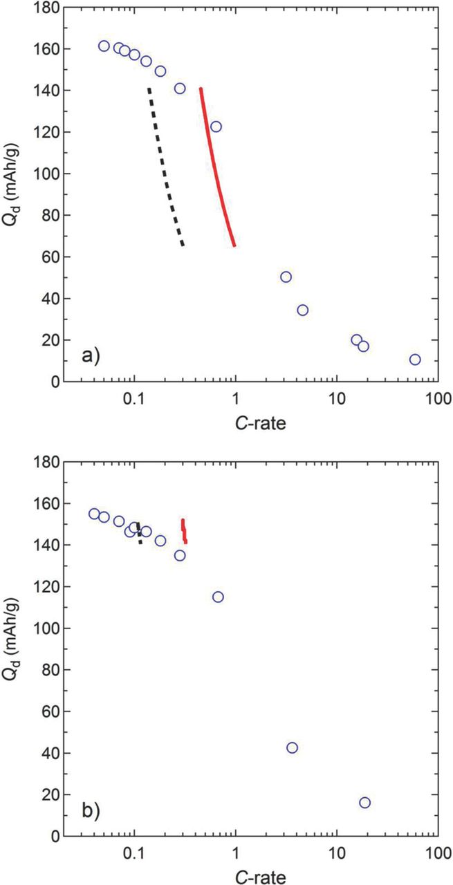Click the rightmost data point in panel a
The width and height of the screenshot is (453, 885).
(415, 360)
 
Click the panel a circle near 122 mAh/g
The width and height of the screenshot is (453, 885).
(216, 127)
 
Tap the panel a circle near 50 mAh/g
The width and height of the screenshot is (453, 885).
(286, 277)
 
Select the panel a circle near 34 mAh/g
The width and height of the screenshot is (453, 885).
(302, 310)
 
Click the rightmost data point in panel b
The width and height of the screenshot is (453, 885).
(364, 803)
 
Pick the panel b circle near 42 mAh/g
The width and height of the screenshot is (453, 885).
(292, 747)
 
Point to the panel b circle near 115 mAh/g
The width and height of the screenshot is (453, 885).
(218, 597)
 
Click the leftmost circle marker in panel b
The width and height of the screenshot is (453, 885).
(94, 514)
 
